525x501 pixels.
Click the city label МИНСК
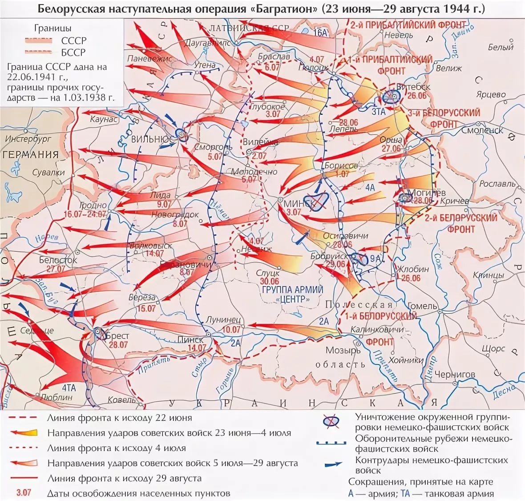(x=299, y=203)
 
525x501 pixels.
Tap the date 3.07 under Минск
(x=294, y=213)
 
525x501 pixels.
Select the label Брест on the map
(x=118, y=336)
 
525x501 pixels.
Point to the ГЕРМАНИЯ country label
(x=31, y=154)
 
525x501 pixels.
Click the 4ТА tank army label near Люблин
(x=69, y=388)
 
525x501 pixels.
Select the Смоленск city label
(x=482, y=130)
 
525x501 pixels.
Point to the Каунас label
(x=104, y=120)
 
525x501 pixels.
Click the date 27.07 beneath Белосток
(x=56, y=269)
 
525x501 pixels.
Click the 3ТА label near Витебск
(x=378, y=112)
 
